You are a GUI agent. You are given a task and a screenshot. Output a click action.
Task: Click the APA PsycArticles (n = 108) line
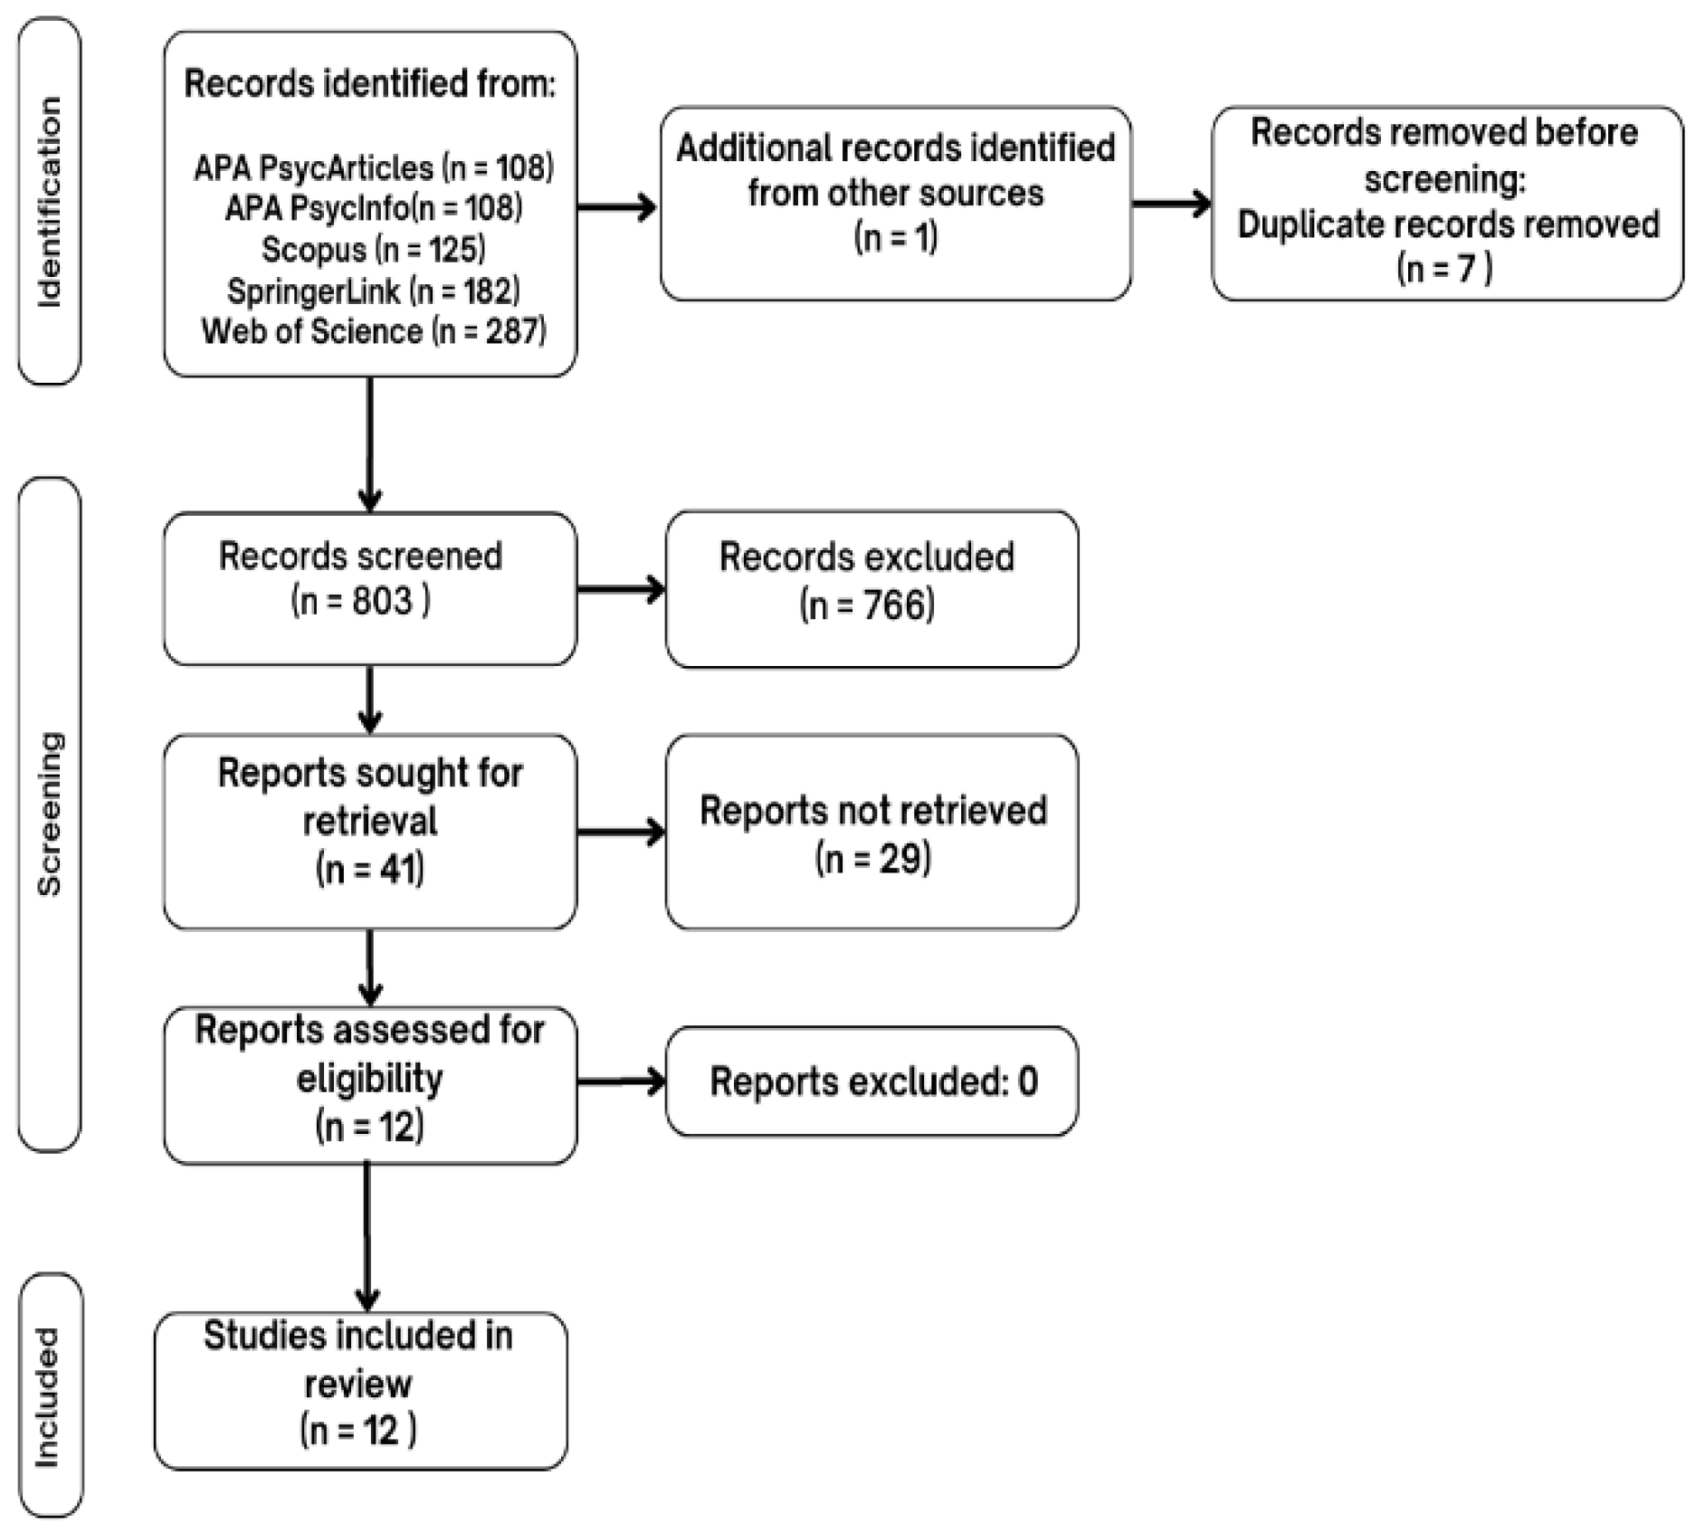pos(373,168)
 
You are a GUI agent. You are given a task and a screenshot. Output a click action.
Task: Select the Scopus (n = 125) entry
pos(373,250)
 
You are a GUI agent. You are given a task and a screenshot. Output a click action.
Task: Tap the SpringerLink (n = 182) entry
pos(373,291)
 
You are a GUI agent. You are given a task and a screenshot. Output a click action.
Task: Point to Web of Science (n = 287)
pos(373,332)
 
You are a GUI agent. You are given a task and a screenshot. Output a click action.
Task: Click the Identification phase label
pos(50,202)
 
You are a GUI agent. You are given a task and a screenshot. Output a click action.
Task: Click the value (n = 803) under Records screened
pos(360,602)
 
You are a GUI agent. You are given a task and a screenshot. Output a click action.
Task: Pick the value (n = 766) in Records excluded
pos(867,605)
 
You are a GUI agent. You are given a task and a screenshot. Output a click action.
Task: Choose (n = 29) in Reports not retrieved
pos(872,859)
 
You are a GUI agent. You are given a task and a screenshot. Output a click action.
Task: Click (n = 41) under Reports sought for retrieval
pos(369,870)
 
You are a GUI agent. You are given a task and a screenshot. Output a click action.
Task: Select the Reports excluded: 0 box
pos(872,1081)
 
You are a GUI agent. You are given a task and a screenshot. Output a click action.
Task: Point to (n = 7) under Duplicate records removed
pos(1444,269)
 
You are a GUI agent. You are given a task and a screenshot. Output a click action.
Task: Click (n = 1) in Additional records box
pos(895,238)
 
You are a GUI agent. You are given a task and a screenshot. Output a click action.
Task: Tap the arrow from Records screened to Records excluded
pos(620,590)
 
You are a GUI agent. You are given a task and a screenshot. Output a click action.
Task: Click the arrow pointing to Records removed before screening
pos(1171,204)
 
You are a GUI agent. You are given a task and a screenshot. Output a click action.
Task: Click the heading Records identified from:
pos(369,84)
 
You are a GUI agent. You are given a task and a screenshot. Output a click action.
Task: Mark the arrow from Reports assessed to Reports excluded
pos(620,1081)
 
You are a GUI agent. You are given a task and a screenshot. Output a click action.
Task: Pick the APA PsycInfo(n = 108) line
pos(373,209)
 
